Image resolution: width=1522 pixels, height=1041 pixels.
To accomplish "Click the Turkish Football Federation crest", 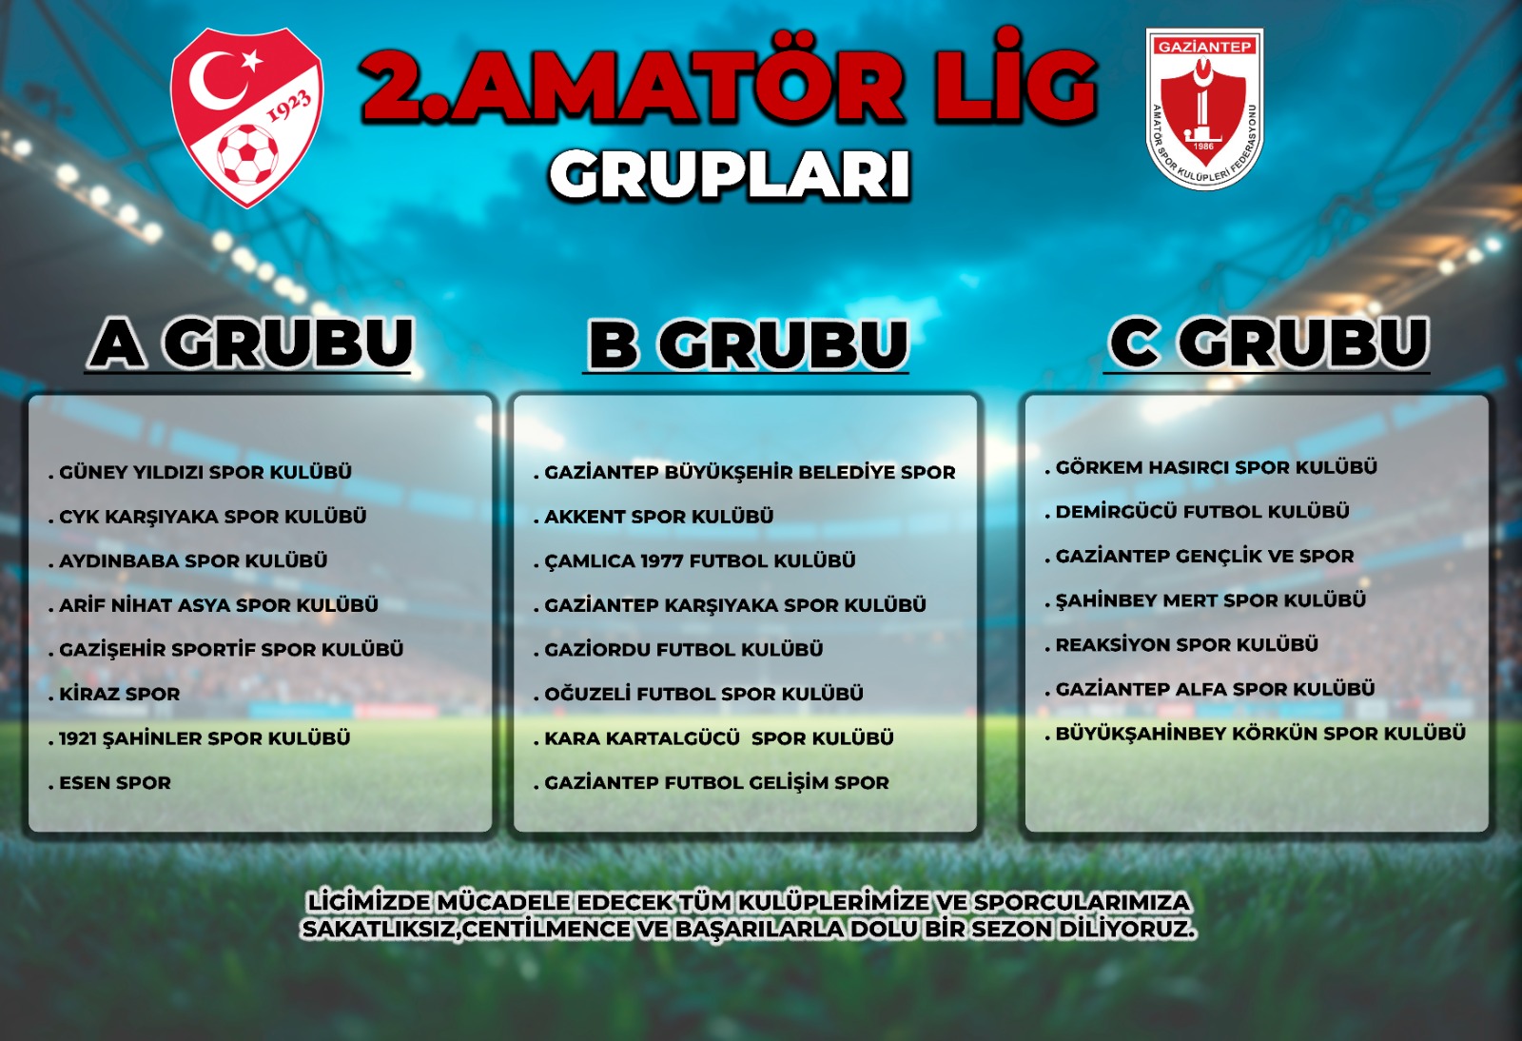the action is coord(246,117).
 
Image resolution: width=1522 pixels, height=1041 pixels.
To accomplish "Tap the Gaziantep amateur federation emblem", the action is coord(1204,108).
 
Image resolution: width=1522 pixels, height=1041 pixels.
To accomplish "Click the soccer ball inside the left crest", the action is coord(247,153).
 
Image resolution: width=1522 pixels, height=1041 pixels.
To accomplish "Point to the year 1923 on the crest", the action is coord(290,106).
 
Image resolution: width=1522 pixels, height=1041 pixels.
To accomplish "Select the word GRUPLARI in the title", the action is coord(730,176).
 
